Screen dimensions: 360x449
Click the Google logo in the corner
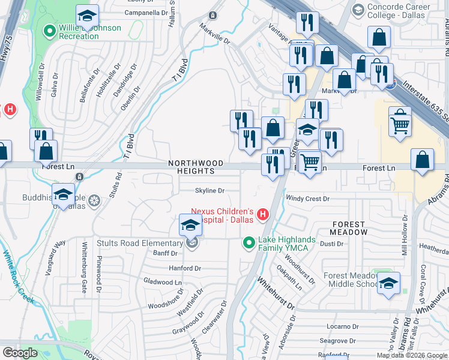pyautogui.click(x=20, y=353)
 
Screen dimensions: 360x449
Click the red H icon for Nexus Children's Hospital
pyautogui.click(x=262, y=214)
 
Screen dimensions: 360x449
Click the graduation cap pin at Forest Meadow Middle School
pyautogui.click(x=388, y=283)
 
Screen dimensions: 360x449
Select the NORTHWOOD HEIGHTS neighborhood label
pyautogui.click(x=196, y=167)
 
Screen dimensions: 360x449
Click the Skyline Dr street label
pyautogui.click(x=209, y=191)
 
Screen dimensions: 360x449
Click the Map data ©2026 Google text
pyautogui.click(x=412, y=355)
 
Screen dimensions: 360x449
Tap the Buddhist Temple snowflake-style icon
pyautogui.click(x=94, y=201)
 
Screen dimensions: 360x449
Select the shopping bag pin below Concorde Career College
pyautogui.click(x=380, y=39)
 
